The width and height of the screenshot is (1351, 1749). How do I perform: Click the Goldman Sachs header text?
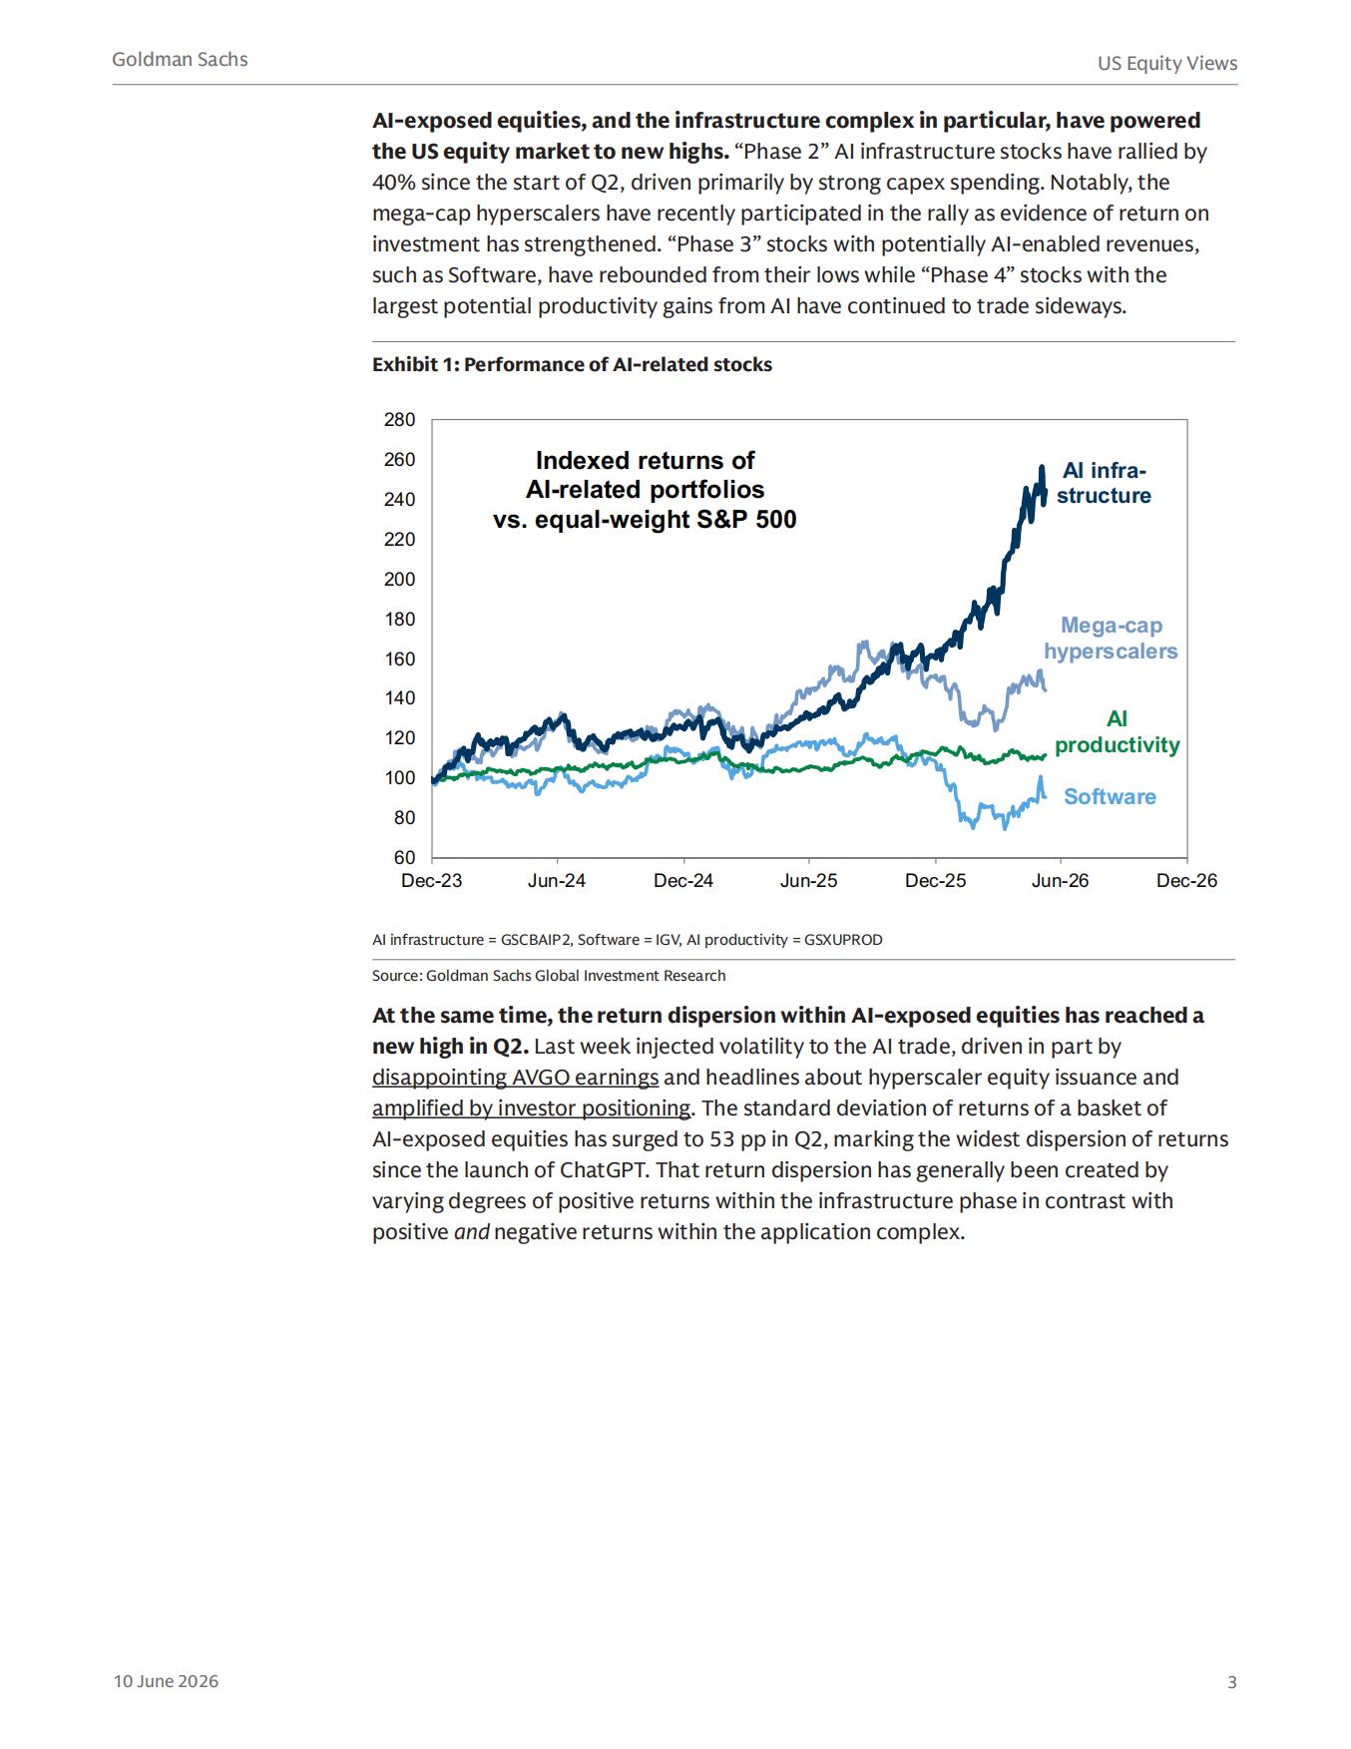pyautogui.click(x=180, y=59)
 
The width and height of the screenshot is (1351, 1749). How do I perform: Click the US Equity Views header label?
pyautogui.click(x=1167, y=63)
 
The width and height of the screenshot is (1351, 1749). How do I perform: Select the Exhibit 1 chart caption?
pyautogui.click(x=572, y=364)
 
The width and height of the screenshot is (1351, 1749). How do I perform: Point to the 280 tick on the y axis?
pyautogui.click(x=399, y=419)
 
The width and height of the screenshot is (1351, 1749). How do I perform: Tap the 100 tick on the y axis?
pyautogui.click(x=399, y=777)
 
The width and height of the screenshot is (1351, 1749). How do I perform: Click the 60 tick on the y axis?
pyautogui.click(x=404, y=857)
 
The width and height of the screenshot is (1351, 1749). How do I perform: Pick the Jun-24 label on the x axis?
pyautogui.click(x=557, y=881)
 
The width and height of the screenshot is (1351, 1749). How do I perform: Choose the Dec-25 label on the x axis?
pyautogui.click(x=936, y=881)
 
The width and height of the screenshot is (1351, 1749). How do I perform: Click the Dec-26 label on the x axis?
pyautogui.click(x=1187, y=881)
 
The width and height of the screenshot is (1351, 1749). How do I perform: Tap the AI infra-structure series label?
pyautogui.click(x=1104, y=483)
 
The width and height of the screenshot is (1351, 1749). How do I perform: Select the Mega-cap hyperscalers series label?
pyautogui.click(x=1111, y=638)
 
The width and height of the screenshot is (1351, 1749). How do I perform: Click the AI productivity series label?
pyautogui.click(x=1118, y=731)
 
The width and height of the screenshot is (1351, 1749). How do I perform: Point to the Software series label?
pyautogui.click(x=1110, y=796)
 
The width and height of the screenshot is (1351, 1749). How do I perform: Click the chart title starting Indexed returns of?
pyautogui.click(x=645, y=490)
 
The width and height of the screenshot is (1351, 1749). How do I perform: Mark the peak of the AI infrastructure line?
pyautogui.click(x=1042, y=466)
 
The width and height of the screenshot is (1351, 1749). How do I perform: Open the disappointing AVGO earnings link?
pyautogui.click(x=515, y=1078)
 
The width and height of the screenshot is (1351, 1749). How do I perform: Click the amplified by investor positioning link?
pyautogui.click(x=531, y=1108)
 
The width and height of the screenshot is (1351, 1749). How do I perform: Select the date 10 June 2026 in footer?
pyautogui.click(x=166, y=1681)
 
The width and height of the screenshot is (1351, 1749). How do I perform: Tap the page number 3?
pyautogui.click(x=1232, y=1682)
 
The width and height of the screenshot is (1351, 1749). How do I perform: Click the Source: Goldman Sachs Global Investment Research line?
pyautogui.click(x=549, y=976)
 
